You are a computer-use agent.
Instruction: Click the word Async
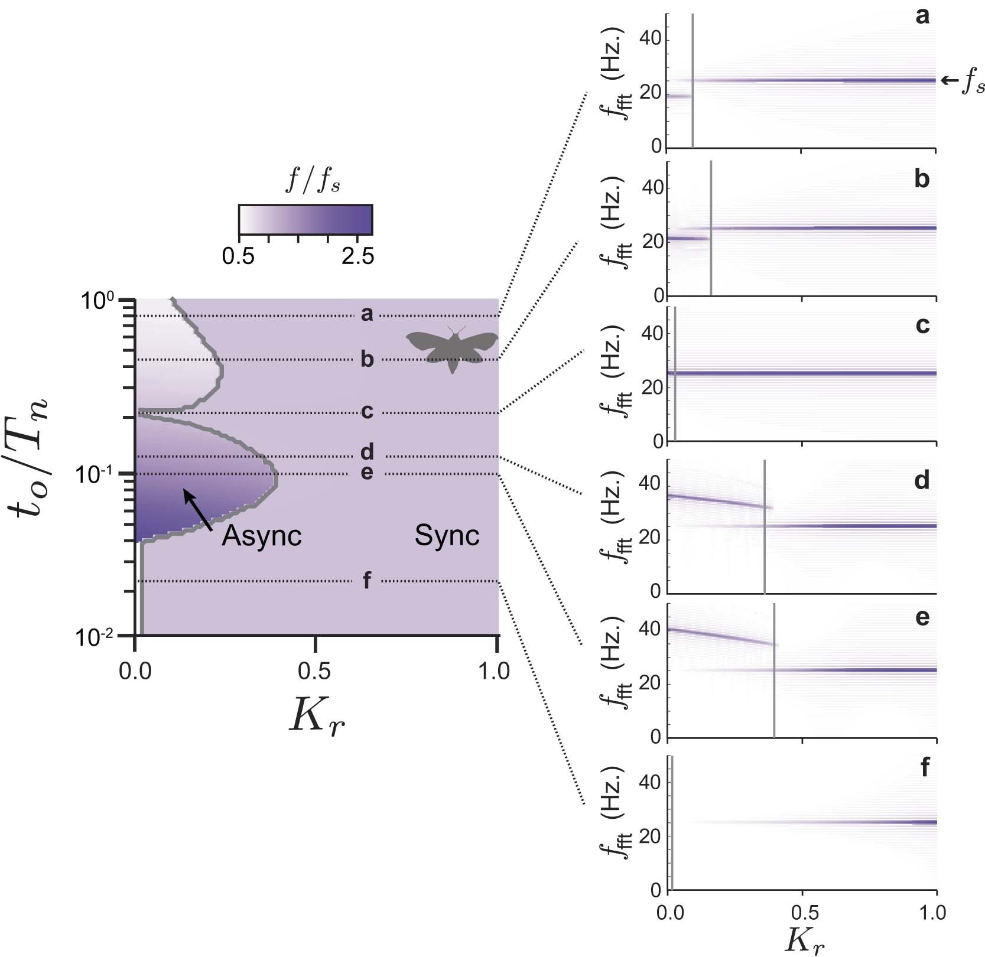[262, 536]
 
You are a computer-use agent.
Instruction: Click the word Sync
[447, 535]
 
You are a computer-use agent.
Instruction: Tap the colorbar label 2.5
[357, 256]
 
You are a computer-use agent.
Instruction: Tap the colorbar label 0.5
[239, 256]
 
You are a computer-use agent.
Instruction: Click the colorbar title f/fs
[313, 180]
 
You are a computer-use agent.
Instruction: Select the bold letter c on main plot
[367, 411]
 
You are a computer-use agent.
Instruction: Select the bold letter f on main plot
[366, 580]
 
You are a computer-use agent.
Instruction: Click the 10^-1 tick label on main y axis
[95, 474]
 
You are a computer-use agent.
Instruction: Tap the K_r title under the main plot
[316, 718]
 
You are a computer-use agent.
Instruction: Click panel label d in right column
[921, 480]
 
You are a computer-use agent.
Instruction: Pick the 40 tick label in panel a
[649, 40]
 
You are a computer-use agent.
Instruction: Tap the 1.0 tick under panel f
[932, 912]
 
